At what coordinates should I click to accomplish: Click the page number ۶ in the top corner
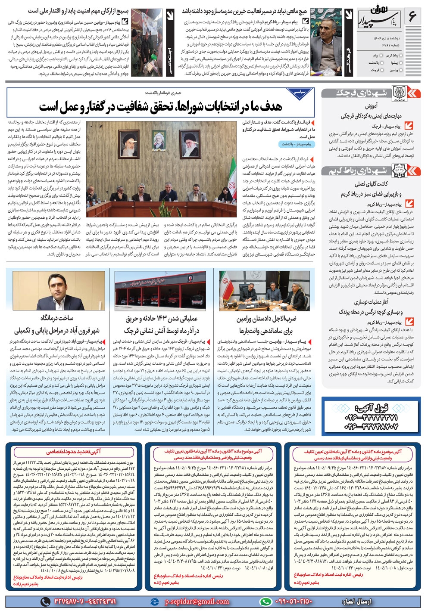click(x=412, y=16)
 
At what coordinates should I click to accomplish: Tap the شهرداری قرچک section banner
click(x=369, y=93)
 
